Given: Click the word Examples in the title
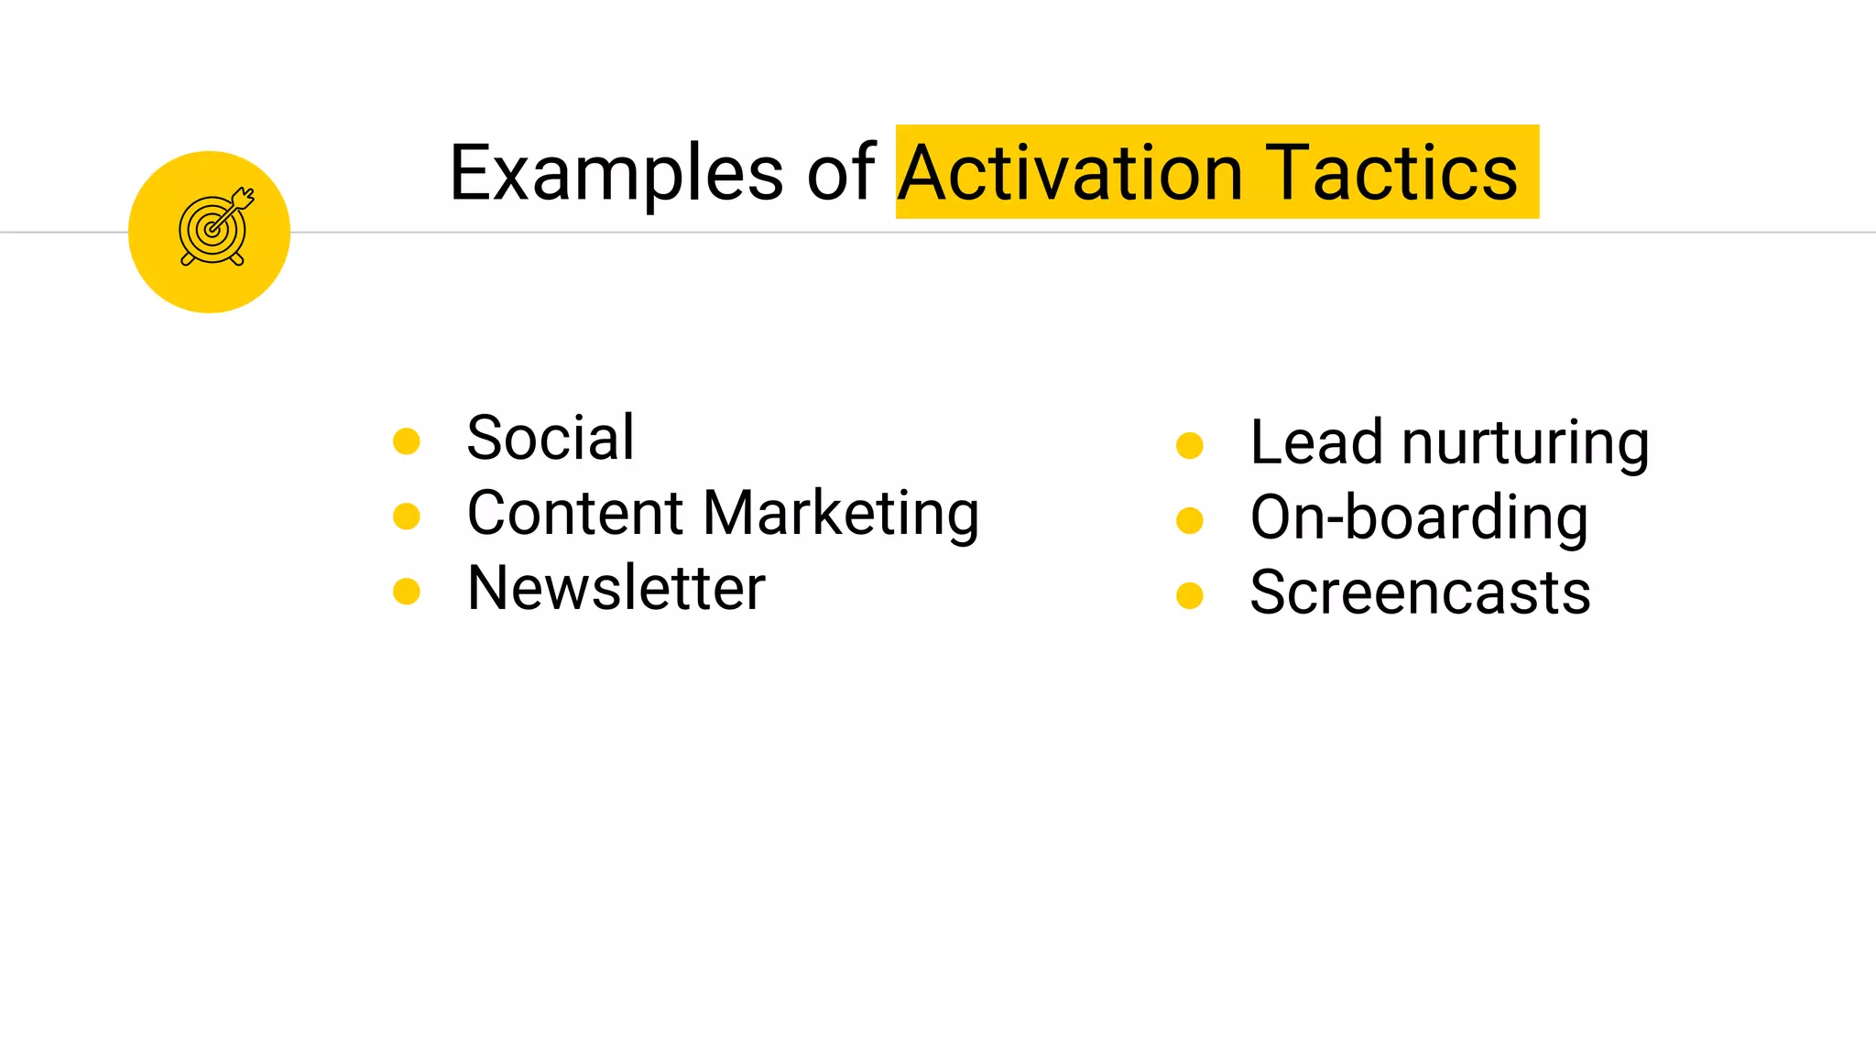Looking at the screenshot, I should pyautogui.click(x=616, y=173).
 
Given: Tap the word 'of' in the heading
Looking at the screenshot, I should pyautogui.click(x=840, y=173).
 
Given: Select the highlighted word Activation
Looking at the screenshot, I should pyautogui.click(x=1070, y=173).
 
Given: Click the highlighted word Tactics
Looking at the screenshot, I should pyautogui.click(x=1394, y=173).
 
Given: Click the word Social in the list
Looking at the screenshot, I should pyautogui.click(x=550, y=438).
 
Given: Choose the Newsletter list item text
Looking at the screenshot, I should pyautogui.click(x=616, y=588).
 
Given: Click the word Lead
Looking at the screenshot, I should pyautogui.click(x=1315, y=443).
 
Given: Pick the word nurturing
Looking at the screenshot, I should pyautogui.click(x=1525, y=443).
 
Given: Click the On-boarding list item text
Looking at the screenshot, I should pyautogui.click(x=1418, y=518).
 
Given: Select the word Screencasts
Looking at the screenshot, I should pyautogui.click(x=1420, y=593).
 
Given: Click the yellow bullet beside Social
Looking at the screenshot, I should pyautogui.click(x=406, y=441).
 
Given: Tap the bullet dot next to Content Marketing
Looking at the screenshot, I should pyautogui.click(x=406, y=517).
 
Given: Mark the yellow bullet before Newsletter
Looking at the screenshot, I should pyautogui.click(x=406, y=592).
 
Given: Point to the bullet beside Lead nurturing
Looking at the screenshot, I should pyautogui.click(x=1189, y=446).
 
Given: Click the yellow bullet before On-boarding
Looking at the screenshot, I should pyautogui.click(x=1189, y=521).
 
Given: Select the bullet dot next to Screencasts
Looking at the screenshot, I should pyautogui.click(x=1189, y=596).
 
